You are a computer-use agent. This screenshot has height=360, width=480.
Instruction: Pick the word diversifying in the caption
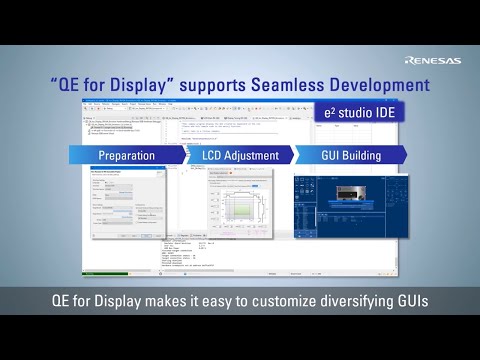point(349,299)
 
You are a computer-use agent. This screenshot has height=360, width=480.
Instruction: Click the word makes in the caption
point(144,299)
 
